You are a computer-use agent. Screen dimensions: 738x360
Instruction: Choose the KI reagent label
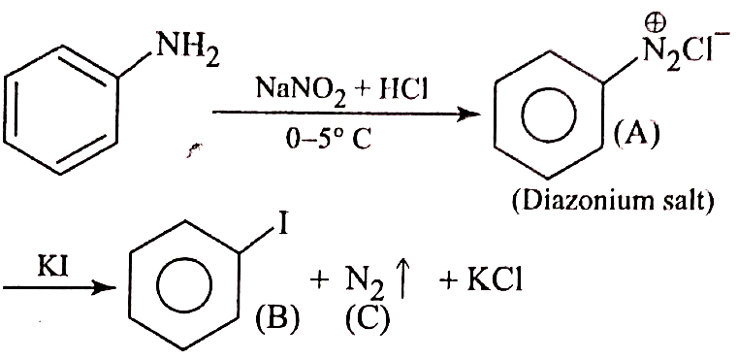52,269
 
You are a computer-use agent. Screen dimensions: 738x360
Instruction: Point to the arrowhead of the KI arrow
104,287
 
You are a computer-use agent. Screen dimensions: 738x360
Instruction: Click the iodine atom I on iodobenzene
282,224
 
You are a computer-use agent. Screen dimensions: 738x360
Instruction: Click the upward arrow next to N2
404,283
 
